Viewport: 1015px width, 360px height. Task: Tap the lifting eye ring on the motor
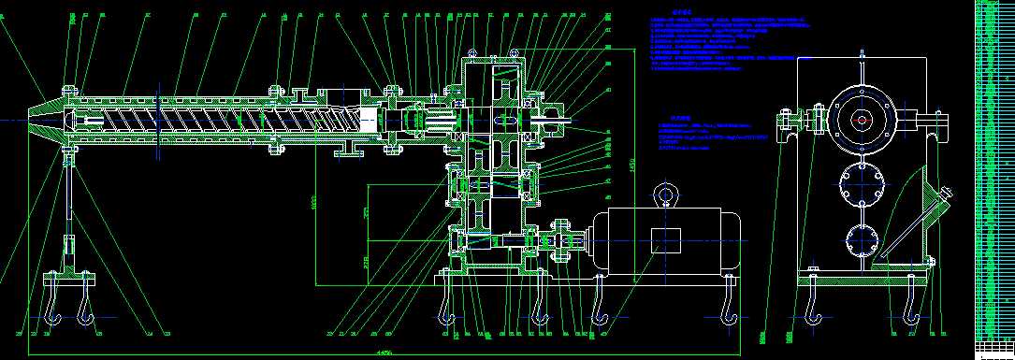coord(666,194)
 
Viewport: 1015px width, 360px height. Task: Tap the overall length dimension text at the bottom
coord(383,352)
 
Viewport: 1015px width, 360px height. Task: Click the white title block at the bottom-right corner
coord(993,350)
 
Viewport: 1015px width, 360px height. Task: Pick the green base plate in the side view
coord(862,277)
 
